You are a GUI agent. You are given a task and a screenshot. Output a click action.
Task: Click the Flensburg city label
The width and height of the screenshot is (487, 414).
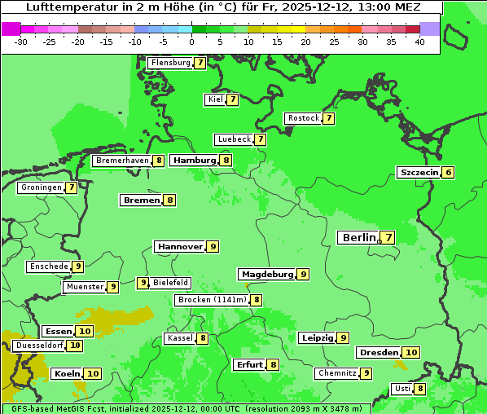click(x=170, y=63)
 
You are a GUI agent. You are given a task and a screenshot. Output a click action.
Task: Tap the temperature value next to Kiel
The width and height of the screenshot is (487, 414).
click(x=232, y=99)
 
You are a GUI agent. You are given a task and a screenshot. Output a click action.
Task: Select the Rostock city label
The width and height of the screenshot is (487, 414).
click(x=304, y=118)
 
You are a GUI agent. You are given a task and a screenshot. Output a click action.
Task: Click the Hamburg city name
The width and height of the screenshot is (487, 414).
click(x=194, y=161)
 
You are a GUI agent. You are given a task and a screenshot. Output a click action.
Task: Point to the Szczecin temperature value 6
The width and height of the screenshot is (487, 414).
click(x=448, y=173)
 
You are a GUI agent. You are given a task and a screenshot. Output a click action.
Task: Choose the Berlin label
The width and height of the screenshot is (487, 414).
click(x=358, y=238)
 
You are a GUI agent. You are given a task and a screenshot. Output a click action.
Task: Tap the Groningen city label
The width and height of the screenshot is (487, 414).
click(x=41, y=187)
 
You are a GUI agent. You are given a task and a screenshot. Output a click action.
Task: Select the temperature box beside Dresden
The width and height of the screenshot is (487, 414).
click(x=411, y=353)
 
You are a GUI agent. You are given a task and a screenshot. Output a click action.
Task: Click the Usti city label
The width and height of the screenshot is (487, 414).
click(x=402, y=389)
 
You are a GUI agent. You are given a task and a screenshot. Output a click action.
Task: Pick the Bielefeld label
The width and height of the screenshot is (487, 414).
click(x=171, y=283)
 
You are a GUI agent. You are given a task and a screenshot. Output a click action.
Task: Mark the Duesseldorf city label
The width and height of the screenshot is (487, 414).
click(x=39, y=346)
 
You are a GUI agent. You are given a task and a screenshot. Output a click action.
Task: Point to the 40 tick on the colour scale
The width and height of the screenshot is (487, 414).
click(x=419, y=42)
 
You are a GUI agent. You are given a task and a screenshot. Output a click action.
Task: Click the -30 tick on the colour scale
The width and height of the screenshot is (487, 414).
click(x=21, y=42)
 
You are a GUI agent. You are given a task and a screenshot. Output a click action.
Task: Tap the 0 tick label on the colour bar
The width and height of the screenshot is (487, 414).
click(x=192, y=42)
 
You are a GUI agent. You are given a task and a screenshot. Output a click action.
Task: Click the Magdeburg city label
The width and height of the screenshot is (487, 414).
click(x=267, y=275)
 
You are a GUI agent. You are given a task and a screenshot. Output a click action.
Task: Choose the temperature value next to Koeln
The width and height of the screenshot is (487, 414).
click(x=93, y=374)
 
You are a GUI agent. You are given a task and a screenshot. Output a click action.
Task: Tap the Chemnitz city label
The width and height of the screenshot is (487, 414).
click(x=337, y=373)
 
